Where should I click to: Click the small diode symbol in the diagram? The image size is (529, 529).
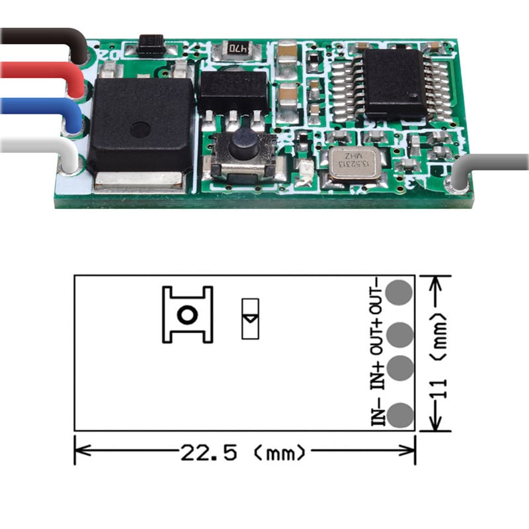(250, 319)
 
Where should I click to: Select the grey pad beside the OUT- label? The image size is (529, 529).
(400, 293)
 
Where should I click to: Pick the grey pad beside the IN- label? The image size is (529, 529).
(400, 416)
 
